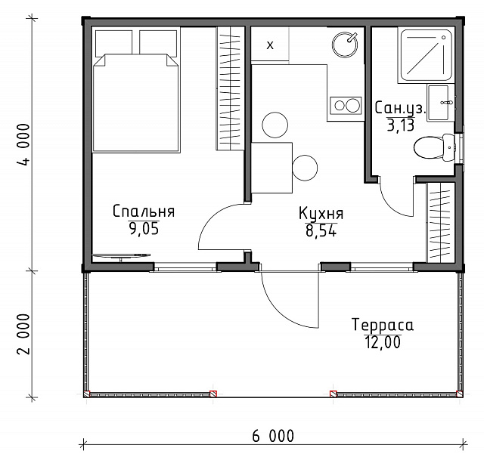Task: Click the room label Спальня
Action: click(x=144, y=212)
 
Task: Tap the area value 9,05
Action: click(x=144, y=229)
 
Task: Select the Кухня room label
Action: click(x=321, y=214)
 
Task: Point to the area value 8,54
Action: click(x=321, y=230)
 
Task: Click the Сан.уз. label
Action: click(x=401, y=108)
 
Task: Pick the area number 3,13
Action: click(x=401, y=125)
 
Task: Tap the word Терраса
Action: click(x=383, y=325)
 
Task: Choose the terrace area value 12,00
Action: click(x=383, y=342)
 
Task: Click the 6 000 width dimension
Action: click(x=273, y=436)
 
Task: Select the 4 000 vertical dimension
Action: click(x=24, y=144)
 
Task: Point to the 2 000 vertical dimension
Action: click(x=24, y=334)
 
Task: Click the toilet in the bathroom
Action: click(x=434, y=147)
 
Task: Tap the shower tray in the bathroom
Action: click(x=427, y=55)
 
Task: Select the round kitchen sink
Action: click(x=345, y=45)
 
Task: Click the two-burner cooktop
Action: click(x=345, y=106)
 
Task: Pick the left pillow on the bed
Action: click(x=114, y=43)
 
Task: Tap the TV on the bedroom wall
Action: click(x=121, y=256)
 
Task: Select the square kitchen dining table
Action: click(x=271, y=168)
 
